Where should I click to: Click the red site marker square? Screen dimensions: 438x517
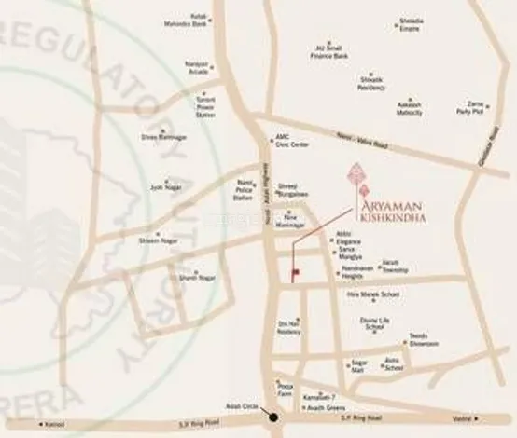tap(296, 273)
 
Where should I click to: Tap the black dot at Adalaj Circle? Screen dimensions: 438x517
tap(273, 417)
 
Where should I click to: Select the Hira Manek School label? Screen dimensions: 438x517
tap(373, 294)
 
